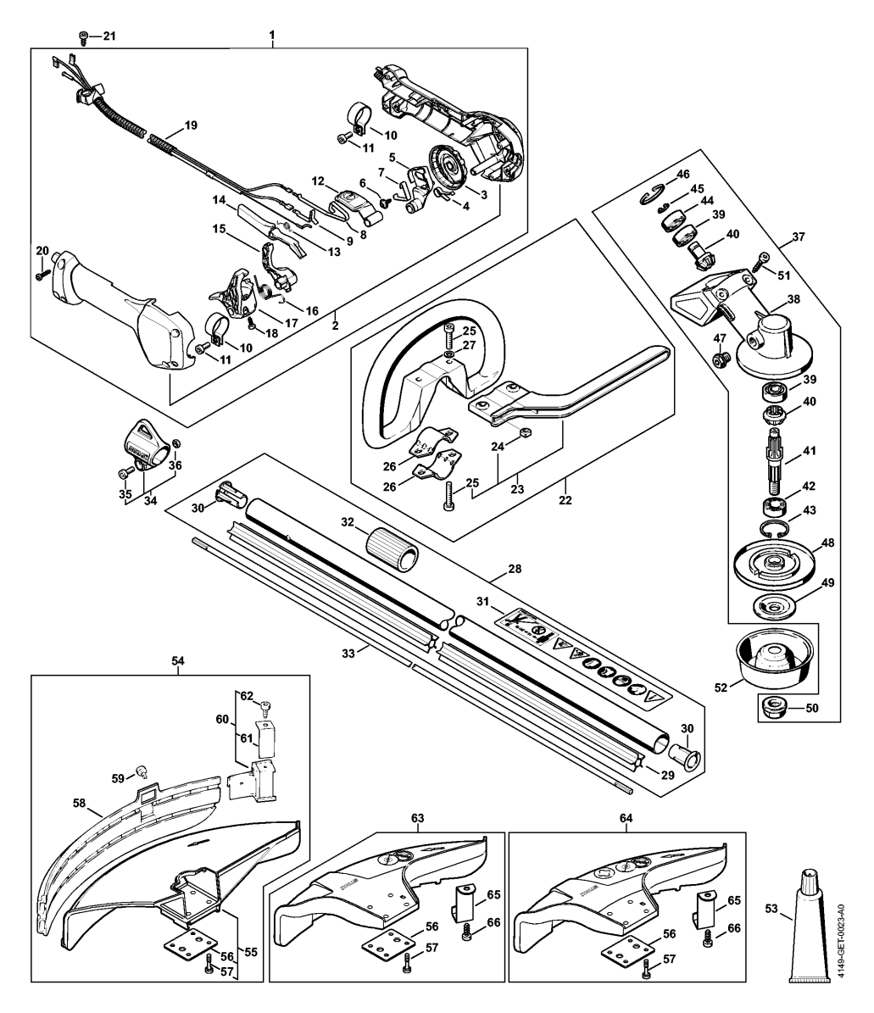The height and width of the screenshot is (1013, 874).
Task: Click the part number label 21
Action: pyautogui.click(x=109, y=36)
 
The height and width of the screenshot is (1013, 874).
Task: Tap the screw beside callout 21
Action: pyautogui.click(x=83, y=36)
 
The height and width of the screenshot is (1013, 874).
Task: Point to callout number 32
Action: pyautogui.click(x=348, y=522)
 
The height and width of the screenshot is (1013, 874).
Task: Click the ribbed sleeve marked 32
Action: pyautogui.click(x=392, y=548)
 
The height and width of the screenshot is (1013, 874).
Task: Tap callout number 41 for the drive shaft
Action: pyautogui.click(x=809, y=451)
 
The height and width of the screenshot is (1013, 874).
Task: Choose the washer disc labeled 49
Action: pyautogui.click(x=773, y=607)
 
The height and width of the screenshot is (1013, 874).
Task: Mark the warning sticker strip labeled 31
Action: pyautogui.click(x=582, y=654)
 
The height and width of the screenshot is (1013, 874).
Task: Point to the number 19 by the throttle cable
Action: pyautogui.click(x=191, y=125)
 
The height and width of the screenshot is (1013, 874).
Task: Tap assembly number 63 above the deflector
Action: pyautogui.click(x=417, y=819)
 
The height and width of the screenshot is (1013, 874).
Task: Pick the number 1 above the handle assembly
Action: pyautogui.click(x=272, y=35)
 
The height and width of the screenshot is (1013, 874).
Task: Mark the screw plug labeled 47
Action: pyautogui.click(x=721, y=357)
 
